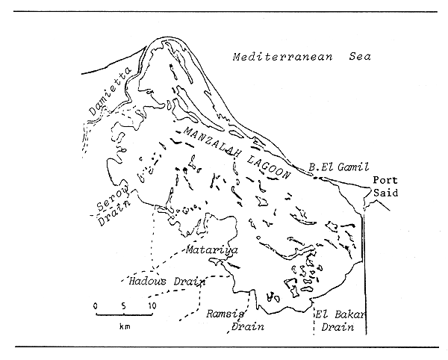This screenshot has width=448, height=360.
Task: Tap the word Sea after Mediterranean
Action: point(355,57)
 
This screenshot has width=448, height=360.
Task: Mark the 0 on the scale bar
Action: point(96,305)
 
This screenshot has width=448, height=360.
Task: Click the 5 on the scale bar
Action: point(124,305)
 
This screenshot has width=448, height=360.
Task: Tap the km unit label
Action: point(124,327)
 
